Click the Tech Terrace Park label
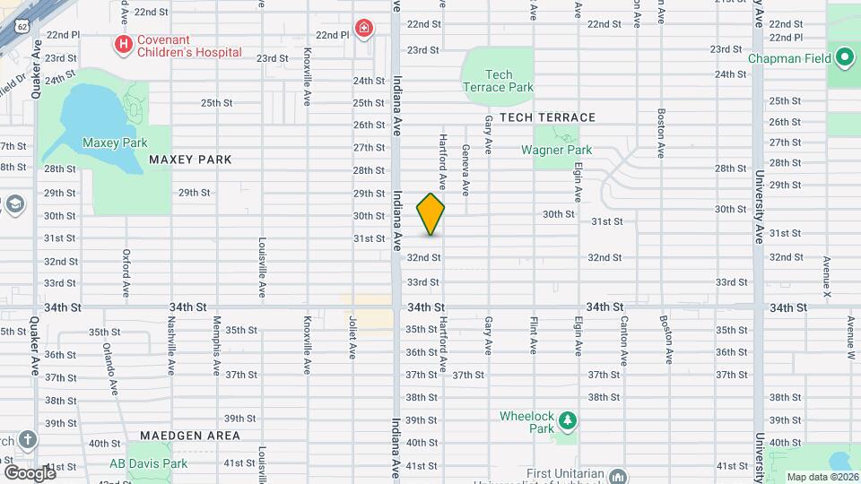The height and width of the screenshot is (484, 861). click(498, 81)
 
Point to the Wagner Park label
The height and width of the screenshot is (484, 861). click(556, 150)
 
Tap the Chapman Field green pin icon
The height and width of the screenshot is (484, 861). click(843, 59)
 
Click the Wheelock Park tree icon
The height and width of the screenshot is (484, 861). click(566, 419)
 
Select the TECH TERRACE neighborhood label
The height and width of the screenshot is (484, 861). click(547, 117)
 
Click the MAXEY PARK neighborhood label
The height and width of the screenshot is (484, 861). click(190, 160)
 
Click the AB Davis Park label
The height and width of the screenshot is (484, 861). click(148, 463)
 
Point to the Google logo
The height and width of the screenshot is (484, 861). click(29, 472)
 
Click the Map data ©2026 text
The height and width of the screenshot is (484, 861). click(822, 477)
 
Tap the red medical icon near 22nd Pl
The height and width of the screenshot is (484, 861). click(363, 29)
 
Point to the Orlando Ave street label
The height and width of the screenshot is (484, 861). click(109, 367)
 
